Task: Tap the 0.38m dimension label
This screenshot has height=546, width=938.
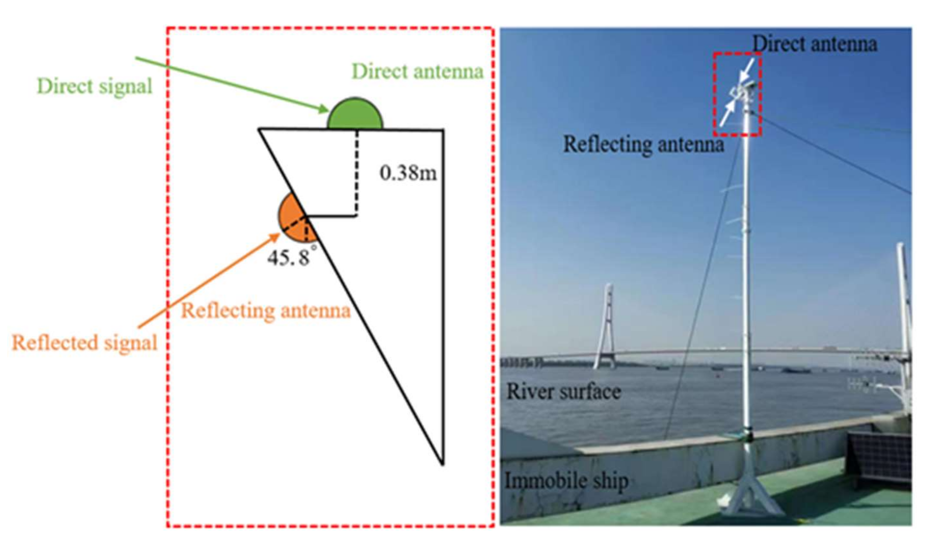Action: tap(408, 173)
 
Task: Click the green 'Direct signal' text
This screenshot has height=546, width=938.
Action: tap(95, 87)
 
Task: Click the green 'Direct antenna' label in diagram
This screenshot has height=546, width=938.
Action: tap(417, 71)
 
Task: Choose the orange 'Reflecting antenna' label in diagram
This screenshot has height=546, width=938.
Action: tap(265, 311)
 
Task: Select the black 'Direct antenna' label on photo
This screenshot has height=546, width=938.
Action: tap(814, 44)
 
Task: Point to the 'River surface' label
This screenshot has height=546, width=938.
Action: tap(563, 392)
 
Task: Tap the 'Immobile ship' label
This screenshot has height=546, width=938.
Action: tap(566, 481)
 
